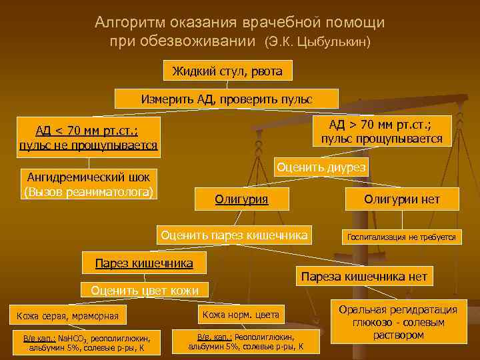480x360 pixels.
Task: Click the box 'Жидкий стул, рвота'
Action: [227, 71]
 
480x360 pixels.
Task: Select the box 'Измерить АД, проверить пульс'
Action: [227, 99]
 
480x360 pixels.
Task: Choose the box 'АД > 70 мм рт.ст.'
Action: [381, 131]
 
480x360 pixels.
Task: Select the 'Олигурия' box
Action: [241, 198]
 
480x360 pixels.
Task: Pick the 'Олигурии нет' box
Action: [401, 199]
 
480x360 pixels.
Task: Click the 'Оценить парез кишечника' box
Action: [233, 235]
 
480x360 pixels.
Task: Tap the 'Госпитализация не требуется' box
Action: [400, 237]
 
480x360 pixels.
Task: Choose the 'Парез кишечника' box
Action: [144, 263]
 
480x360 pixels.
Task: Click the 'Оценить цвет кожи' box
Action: [144, 290]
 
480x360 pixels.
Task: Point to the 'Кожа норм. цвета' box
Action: [239, 314]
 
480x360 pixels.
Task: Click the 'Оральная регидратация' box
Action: [398, 322]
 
